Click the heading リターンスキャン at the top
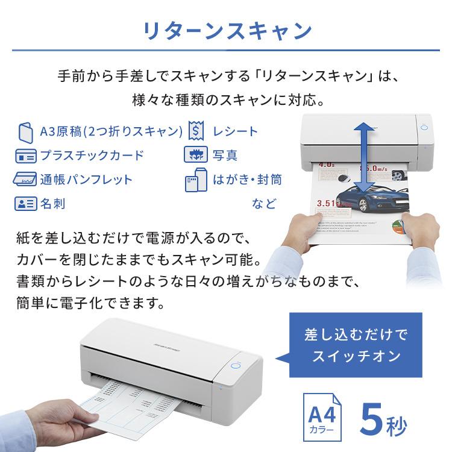[226, 31]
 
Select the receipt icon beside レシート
[195, 131]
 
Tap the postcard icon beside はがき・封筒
[195, 180]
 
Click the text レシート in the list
[235, 131]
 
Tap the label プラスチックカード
[92, 155]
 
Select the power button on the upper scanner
[423, 128]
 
